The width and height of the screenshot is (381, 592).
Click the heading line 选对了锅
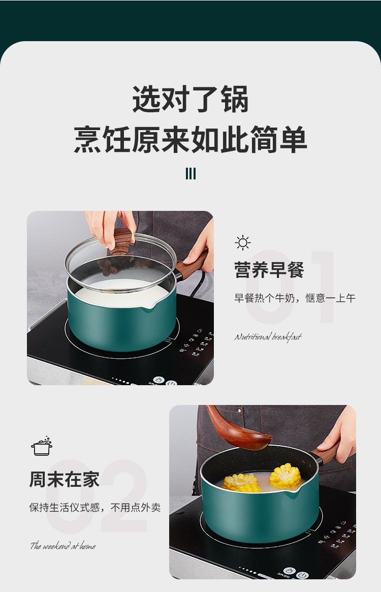[x=190, y=99]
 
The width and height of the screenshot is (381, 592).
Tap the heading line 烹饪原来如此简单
[x=190, y=139]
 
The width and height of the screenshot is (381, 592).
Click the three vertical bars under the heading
[x=190, y=174]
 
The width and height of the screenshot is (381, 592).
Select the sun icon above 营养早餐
[x=243, y=243]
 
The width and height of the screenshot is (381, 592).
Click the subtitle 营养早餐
[x=269, y=270]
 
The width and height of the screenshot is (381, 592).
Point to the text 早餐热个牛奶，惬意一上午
[x=295, y=298]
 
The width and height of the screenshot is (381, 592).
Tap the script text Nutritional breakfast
[x=268, y=337]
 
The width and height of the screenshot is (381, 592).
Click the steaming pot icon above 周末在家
[x=42, y=446]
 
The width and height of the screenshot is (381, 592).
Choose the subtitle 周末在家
[x=64, y=480]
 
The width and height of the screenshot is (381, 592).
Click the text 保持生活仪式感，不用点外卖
[x=94, y=507]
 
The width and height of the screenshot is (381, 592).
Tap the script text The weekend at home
[x=62, y=546]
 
